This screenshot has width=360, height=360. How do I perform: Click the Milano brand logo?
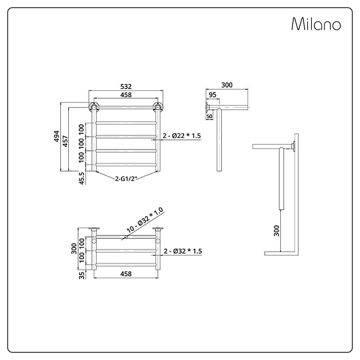tap(316, 24)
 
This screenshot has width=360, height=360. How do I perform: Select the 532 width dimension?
tap(126, 86)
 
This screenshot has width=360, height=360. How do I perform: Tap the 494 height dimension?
tap(57, 136)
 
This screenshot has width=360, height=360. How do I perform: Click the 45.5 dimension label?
tap(82, 178)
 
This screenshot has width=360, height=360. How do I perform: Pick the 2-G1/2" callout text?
tap(126, 179)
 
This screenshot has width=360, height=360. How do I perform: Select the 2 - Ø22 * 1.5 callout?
tap(181, 136)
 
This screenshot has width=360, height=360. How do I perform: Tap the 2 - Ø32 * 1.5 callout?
tap(183, 251)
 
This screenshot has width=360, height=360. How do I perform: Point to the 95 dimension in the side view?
tap(213, 95)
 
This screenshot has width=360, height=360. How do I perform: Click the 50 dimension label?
tap(210, 116)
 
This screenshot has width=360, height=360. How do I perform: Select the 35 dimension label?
tap(82, 275)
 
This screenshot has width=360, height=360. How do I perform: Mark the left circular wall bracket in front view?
tap(94, 107)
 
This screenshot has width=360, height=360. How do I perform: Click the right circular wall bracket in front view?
tap(158, 107)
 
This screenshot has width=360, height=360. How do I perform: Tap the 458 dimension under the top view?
tap(126, 274)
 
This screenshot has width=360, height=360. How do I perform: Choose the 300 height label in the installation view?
tap(276, 231)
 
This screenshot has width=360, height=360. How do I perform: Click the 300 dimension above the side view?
tap(227, 85)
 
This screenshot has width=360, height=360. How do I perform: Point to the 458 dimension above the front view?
tap(126, 95)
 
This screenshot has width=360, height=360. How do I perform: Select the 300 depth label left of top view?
tap(74, 248)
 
